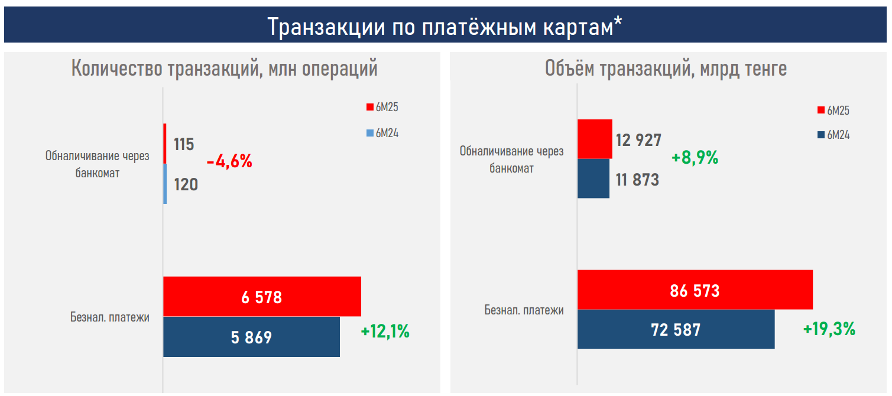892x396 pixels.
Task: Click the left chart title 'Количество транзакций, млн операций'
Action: [224, 69]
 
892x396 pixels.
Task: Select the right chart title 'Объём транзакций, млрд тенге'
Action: [666, 69]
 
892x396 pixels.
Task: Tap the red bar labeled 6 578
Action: [262, 296]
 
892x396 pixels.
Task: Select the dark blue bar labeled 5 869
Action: [251, 337]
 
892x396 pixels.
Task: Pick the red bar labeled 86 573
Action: [695, 290]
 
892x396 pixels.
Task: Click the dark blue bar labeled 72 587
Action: [676, 329]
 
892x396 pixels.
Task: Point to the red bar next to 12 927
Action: [595, 139]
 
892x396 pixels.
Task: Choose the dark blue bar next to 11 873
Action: [593, 178]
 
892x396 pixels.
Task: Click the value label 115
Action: [184, 144]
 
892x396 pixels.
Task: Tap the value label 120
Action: [186, 184]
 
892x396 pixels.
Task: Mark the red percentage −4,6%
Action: [229, 161]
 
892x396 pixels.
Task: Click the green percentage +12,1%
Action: [385, 332]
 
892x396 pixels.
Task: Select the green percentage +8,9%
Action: [695, 158]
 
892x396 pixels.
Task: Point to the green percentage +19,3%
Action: [829, 329]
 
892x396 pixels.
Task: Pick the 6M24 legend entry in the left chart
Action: [383, 133]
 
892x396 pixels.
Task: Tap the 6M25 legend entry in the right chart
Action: [833, 110]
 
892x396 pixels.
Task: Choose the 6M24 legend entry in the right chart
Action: [833, 135]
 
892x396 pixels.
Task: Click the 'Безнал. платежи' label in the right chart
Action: [524, 310]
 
